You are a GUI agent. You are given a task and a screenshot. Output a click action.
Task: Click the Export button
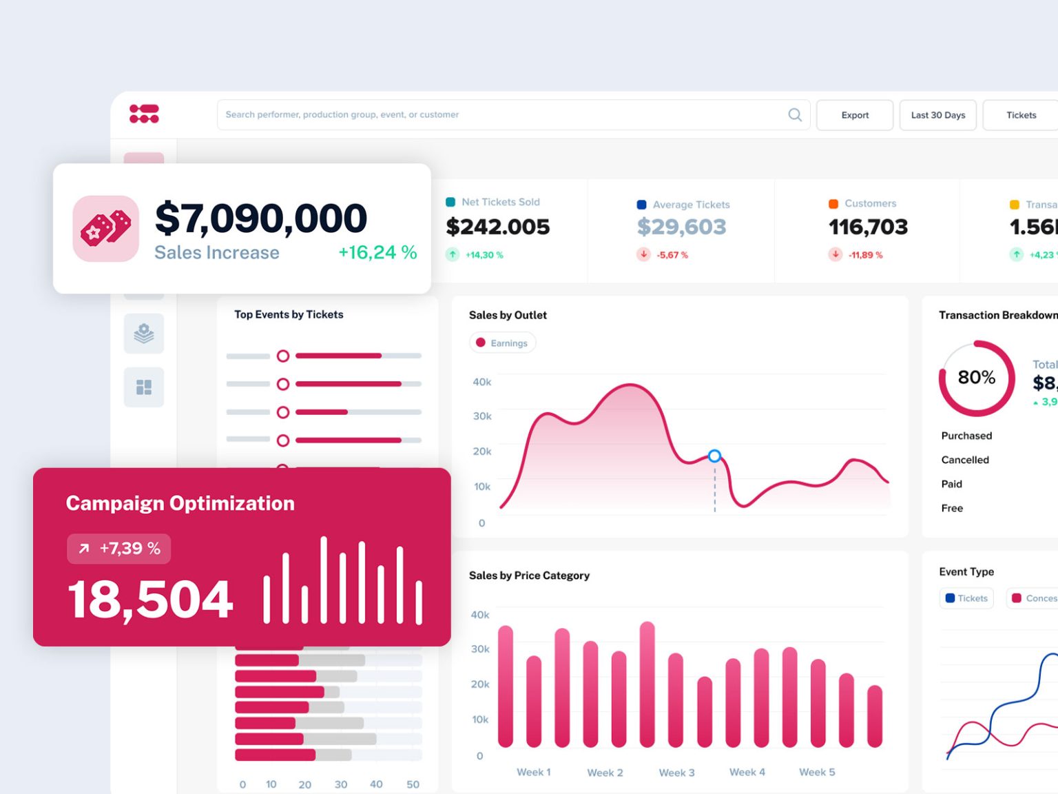pyautogui.click(x=854, y=115)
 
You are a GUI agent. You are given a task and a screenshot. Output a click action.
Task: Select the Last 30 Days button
pyautogui.click(x=937, y=115)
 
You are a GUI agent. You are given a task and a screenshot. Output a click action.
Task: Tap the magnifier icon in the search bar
pyautogui.click(x=795, y=115)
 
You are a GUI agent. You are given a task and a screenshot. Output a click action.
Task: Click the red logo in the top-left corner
pyautogui.click(x=144, y=114)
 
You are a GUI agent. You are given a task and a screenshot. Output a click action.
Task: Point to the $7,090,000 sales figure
pyautogui.click(x=261, y=218)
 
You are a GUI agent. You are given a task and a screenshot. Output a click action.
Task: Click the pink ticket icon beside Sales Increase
pyautogui.click(x=106, y=229)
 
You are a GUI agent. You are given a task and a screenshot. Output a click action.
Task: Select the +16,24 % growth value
pyautogui.click(x=377, y=253)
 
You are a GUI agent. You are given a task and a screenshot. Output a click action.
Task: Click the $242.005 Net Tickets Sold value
pyautogui.click(x=497, y=227)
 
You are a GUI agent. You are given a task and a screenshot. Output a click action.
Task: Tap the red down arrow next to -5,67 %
pyautogui.click(x=643, y=254)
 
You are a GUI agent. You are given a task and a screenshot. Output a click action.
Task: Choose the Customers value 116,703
pyautogui.click(x=868, y=227)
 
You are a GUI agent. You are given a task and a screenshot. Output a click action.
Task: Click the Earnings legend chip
pyautogui.click(x=502, y=343)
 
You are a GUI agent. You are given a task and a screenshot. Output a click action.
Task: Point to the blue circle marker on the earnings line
pyautogui.click(x=714, y=456)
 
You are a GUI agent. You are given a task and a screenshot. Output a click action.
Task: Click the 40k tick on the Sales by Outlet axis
pyautogui.click(x=481, y=382)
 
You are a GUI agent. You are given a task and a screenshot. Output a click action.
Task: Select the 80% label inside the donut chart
pyautogui.click(x=976, y=378)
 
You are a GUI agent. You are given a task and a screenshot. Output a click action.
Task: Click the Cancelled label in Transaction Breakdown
pyautogui.click(x=965, y=460)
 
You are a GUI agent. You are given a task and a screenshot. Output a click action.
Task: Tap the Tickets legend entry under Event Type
pyautogui.click(x=966, y=598)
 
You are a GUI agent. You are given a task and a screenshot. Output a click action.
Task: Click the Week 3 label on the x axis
pyautogui.click(x=676, y=773)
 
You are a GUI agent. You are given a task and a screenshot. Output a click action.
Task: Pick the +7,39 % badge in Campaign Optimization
pyautogui.click(x=119, y=549)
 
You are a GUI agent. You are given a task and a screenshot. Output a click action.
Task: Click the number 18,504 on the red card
pyautogui.click(x=150, y=599)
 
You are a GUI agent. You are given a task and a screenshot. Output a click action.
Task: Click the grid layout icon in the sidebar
pyautogui.click(x=144, y=387)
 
